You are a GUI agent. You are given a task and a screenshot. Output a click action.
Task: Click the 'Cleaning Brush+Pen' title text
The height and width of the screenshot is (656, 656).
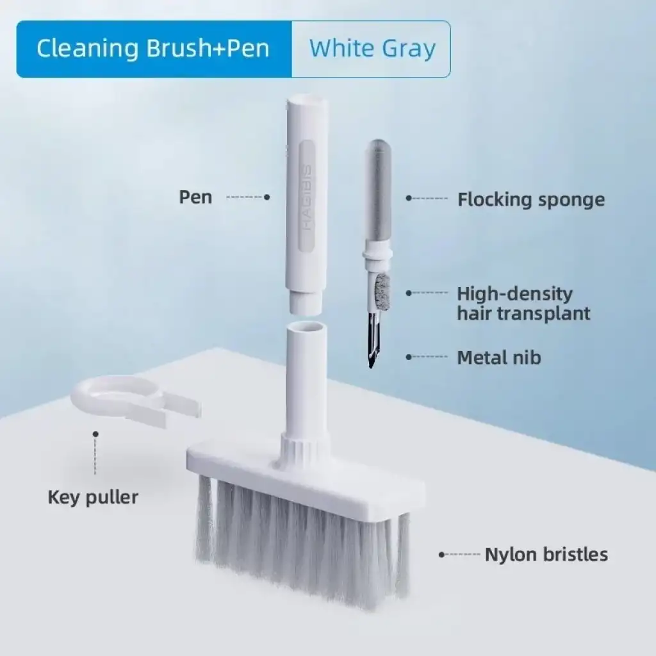pyautogui.click(x=153, y=49)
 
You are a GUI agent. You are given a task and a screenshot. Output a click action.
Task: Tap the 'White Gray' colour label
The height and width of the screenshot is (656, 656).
pyautogui.click(x=372, y=49)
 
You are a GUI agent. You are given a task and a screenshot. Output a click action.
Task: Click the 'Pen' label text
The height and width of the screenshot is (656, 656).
pyautogui.click(x=195, y=197)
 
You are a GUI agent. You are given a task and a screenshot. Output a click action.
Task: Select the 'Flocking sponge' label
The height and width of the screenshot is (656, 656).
pyautogui.click(x=530, y=199)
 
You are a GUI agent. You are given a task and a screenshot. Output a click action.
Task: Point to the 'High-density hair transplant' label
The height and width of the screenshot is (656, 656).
pyautogui.click(x=523, y=303)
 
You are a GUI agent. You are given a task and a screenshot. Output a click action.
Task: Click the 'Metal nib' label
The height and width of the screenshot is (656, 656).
pyautogui.click(x=498, y=357)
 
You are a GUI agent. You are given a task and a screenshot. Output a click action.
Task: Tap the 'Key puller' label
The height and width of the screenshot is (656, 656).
pyautogui.click(x=93, y=496)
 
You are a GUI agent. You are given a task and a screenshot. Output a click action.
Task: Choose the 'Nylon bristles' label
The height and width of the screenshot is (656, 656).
pyautogui.click(x=546, y=554)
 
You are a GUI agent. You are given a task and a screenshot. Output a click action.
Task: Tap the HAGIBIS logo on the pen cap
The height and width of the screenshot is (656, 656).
pyautogui.click(x=306, y=197)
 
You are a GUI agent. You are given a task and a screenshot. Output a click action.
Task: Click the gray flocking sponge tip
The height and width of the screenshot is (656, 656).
pyautogui.click(x=377, y=192)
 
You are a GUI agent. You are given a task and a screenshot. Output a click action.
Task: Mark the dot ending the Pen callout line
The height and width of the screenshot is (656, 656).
pyautogui.click(x=266, y=197)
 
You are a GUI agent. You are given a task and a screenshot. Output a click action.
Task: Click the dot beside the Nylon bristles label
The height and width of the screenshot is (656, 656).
pyautogui.click(x=441, y=554)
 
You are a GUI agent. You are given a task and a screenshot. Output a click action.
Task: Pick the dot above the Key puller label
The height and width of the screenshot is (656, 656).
pyautogui.click(x=95, y=434)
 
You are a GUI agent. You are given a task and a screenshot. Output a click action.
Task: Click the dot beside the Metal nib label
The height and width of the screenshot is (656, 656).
pyautogui.click(x=409, y=357)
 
